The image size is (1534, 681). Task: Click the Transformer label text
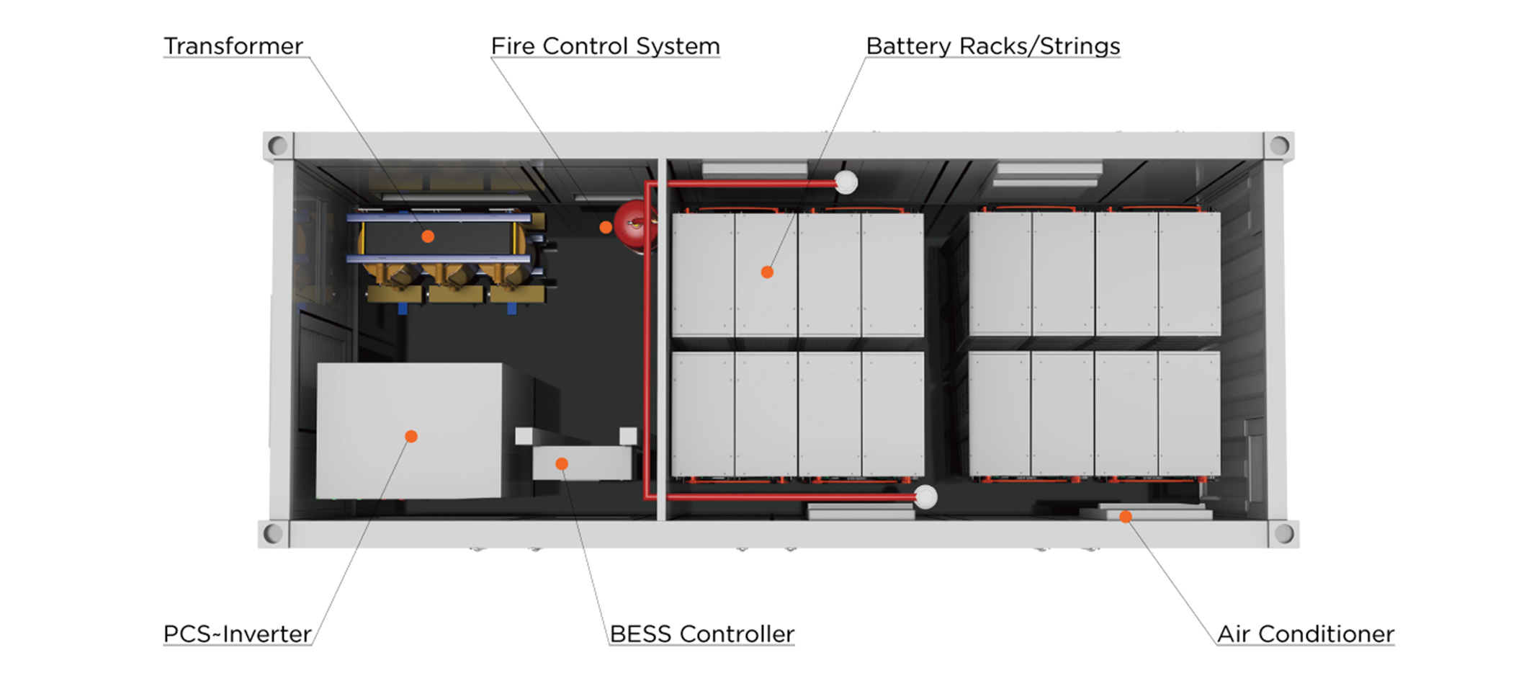coord(233,46)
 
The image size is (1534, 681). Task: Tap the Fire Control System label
coord(605,46)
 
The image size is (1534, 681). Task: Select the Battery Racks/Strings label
coord(992,46)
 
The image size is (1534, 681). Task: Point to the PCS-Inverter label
coord(237,634)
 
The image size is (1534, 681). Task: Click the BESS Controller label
coord(701,634)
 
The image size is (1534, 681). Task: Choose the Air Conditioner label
coord(1305,634)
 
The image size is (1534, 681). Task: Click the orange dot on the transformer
coord(428,236)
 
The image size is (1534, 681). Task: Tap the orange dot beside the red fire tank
coord(606,228)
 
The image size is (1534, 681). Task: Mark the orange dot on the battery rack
coord(767,272)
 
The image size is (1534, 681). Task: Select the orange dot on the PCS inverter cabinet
coord(411,436)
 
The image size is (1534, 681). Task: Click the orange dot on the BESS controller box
coord(562,464)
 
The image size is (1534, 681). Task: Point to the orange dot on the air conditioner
coord(1126,517)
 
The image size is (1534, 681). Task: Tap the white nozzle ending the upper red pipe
coord(846,183)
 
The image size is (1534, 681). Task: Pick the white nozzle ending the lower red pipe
coord(925,497)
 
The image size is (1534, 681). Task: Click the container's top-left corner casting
coord(278,146)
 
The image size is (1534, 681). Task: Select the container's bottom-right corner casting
coord(1283,533)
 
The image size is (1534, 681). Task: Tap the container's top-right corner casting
coord(1279,146)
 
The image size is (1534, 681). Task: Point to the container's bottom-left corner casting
coord(273,533)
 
